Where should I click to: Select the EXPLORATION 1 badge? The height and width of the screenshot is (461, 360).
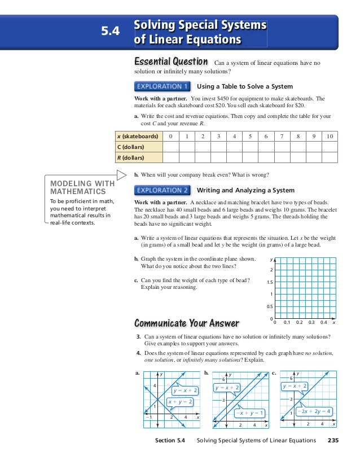click(162, 86)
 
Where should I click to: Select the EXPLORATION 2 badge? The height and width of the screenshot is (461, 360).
click(162, 190)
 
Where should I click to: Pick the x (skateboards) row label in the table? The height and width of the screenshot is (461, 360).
click(136, 137)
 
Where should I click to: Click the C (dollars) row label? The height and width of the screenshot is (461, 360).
click(130, 147)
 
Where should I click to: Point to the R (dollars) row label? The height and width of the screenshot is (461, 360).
click(130, 158)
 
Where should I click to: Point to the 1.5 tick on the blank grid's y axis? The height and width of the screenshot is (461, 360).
click(269, 282)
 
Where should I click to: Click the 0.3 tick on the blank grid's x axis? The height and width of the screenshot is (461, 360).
click(312, 323)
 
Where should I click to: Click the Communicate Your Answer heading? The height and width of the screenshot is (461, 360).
click(186, 323)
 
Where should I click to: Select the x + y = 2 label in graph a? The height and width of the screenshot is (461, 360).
click(181, 402)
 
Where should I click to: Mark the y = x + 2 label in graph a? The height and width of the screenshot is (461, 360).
click(186, 390)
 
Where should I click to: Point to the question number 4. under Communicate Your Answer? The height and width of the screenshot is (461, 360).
click(139, 353)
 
